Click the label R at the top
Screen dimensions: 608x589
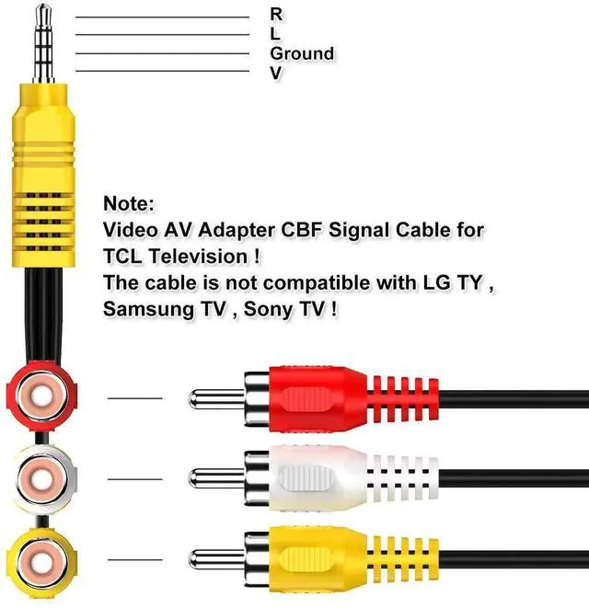(276, 14)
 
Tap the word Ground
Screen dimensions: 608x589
(301, 53)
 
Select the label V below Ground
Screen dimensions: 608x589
(275, 73)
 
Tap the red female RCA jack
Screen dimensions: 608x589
(39, 398)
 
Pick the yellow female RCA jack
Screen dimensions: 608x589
(39, 557)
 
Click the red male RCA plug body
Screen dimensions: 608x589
(318, 398)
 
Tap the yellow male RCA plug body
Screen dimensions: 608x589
(318, 557)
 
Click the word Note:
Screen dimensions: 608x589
(130, 203)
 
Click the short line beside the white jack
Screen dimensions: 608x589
(134, 478)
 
